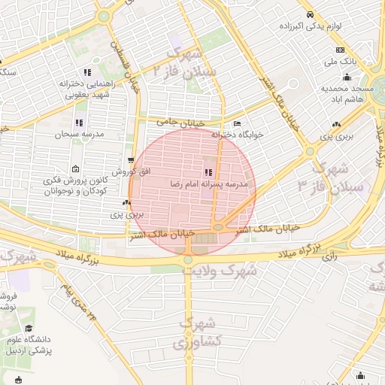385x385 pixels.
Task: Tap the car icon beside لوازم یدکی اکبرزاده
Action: (309, 15)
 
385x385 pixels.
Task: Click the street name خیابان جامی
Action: (177, 121)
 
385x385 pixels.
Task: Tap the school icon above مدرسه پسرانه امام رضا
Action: (208, 173)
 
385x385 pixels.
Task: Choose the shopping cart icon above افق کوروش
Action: (131, 161)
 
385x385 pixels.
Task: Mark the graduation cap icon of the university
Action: (29, 329)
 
